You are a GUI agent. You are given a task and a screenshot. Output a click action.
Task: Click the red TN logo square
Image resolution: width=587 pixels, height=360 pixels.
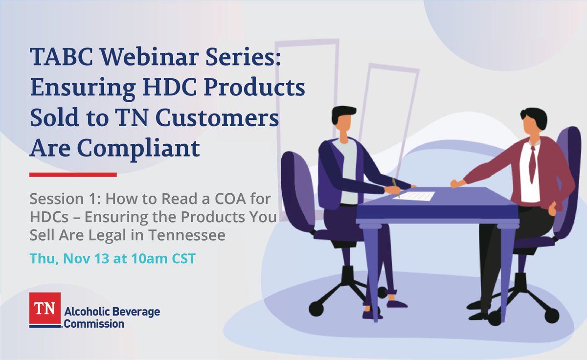coord(45,308)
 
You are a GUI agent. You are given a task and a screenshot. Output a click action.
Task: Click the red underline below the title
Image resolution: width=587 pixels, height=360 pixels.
coord(73,174)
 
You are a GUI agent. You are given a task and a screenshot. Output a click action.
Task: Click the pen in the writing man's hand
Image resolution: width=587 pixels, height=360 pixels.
coord(396,189)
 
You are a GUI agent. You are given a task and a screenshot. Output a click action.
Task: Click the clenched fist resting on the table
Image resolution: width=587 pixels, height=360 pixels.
coord(456,183)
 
